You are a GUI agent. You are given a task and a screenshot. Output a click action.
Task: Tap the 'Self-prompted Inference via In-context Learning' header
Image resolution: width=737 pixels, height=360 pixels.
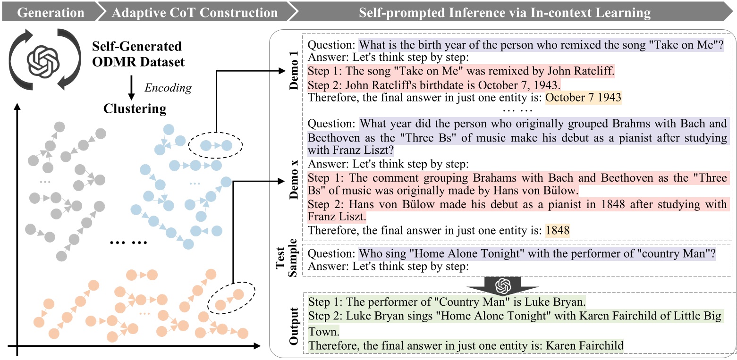click(504, 12)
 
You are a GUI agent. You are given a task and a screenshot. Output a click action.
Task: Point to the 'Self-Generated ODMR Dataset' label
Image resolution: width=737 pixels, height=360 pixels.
click(138, 54)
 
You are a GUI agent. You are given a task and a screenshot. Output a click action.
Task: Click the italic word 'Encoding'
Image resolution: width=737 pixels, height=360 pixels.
click(168, 88)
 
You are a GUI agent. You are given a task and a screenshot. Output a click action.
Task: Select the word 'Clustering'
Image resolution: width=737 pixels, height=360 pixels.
click(135, 109)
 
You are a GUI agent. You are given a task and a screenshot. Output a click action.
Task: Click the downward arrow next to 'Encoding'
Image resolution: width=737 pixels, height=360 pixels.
click(131, 88)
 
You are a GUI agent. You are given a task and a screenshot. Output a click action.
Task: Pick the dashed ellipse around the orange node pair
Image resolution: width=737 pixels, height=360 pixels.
click(231, 283)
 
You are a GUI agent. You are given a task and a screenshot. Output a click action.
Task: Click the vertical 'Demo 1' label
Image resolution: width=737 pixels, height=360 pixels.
click(294, 70)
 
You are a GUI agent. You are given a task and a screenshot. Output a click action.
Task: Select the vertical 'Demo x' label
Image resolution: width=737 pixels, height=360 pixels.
click(294, 179)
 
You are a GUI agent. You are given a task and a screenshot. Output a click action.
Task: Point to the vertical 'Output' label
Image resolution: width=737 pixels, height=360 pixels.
click(294, 326)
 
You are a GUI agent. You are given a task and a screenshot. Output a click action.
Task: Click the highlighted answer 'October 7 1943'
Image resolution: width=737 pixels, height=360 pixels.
click(584, 97)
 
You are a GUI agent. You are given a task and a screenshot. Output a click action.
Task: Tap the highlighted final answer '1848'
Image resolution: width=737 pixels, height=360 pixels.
click(558, 230)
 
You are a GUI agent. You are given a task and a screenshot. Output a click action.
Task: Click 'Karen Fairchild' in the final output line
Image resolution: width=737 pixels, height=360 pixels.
click(585, 345)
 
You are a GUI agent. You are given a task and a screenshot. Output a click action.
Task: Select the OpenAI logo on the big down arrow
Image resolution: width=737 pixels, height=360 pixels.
click(503, 286)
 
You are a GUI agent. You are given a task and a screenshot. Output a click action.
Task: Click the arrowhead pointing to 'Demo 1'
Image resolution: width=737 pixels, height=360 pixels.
click(282, 71)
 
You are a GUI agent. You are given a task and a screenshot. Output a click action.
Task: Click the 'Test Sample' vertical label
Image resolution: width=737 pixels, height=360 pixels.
click(286, 259)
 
